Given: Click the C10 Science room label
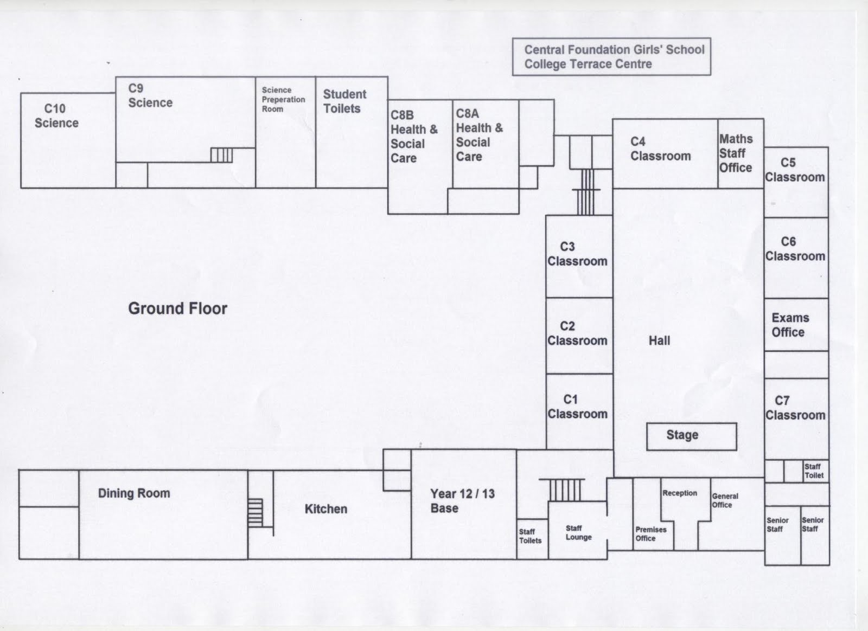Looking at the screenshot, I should click(56, 115).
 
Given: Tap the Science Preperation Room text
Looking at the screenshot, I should click(283, 99).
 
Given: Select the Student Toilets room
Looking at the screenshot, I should click(344, 101).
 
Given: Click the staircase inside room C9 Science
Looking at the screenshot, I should click(221, 155).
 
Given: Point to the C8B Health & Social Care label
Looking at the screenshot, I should click(413, 137).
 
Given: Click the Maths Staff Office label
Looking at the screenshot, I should click(736, 153).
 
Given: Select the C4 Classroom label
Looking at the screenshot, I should click(660, 149).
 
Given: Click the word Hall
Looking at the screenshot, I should click(659, 340).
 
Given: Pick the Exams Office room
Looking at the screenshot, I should click(790, 325).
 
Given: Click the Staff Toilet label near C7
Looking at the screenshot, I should click(814, 471).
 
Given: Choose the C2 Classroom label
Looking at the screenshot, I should click(577, 333).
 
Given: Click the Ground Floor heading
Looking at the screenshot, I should click(177, 308).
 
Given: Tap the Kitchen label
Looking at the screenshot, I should click(325, 508).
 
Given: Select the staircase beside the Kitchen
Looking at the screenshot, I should click(255, 513).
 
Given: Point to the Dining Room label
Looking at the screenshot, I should click(133, 493).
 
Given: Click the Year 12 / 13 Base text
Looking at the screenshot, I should click(462, 501).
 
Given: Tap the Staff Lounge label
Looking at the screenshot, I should click(578, 532).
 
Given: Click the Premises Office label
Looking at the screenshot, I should click(650, 534).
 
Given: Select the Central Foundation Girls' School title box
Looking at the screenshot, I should click(611, 56).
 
